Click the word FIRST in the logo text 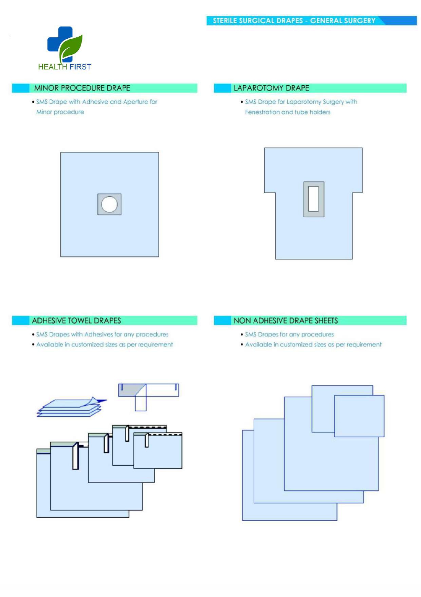(80, 67)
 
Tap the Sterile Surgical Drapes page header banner (311, 20)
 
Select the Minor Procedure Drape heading (82, 88)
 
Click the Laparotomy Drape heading (271, 88)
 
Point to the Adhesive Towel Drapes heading (76, 321)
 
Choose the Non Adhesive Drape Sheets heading (286, 321)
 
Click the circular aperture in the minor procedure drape (109, 204)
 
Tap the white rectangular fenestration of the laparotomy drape (313, 199)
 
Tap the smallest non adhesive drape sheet (359, 416)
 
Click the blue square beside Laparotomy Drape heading (222, 88)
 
